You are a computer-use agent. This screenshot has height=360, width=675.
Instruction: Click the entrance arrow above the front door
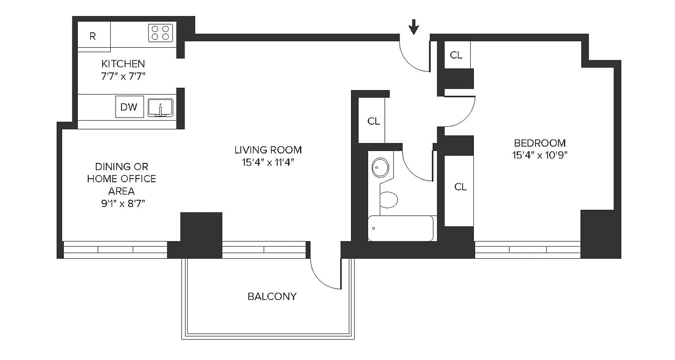(x=414, y=28)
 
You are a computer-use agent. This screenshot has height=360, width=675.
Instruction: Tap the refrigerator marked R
(x=94, y=36)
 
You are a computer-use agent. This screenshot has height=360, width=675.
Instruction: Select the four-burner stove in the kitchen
(x=161, y=33)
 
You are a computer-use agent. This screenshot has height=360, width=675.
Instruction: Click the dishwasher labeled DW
(x=129, y=107)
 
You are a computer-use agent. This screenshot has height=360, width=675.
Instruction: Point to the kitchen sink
(x=161, y=108)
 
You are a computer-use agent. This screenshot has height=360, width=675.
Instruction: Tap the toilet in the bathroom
(x=388, y=199)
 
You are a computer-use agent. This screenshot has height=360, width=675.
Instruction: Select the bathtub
(x=400, y=228)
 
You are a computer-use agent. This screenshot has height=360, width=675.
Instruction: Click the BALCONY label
(x=272, y=297)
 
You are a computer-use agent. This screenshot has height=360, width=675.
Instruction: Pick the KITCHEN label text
(x=123, y=64)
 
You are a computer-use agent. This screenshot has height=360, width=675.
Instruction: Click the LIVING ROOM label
(x=268, y=150)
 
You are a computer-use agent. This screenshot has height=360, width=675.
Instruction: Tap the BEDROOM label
(x=540, y=143)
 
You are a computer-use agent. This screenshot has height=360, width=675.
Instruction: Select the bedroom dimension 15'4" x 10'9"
(x=540, y=156)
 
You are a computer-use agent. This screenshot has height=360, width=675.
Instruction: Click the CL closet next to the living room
(x=373, y=121)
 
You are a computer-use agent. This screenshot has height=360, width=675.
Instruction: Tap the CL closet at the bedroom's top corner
(x=456, y=55)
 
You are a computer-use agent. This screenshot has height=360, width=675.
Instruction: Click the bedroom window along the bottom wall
(x=528, y=250)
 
